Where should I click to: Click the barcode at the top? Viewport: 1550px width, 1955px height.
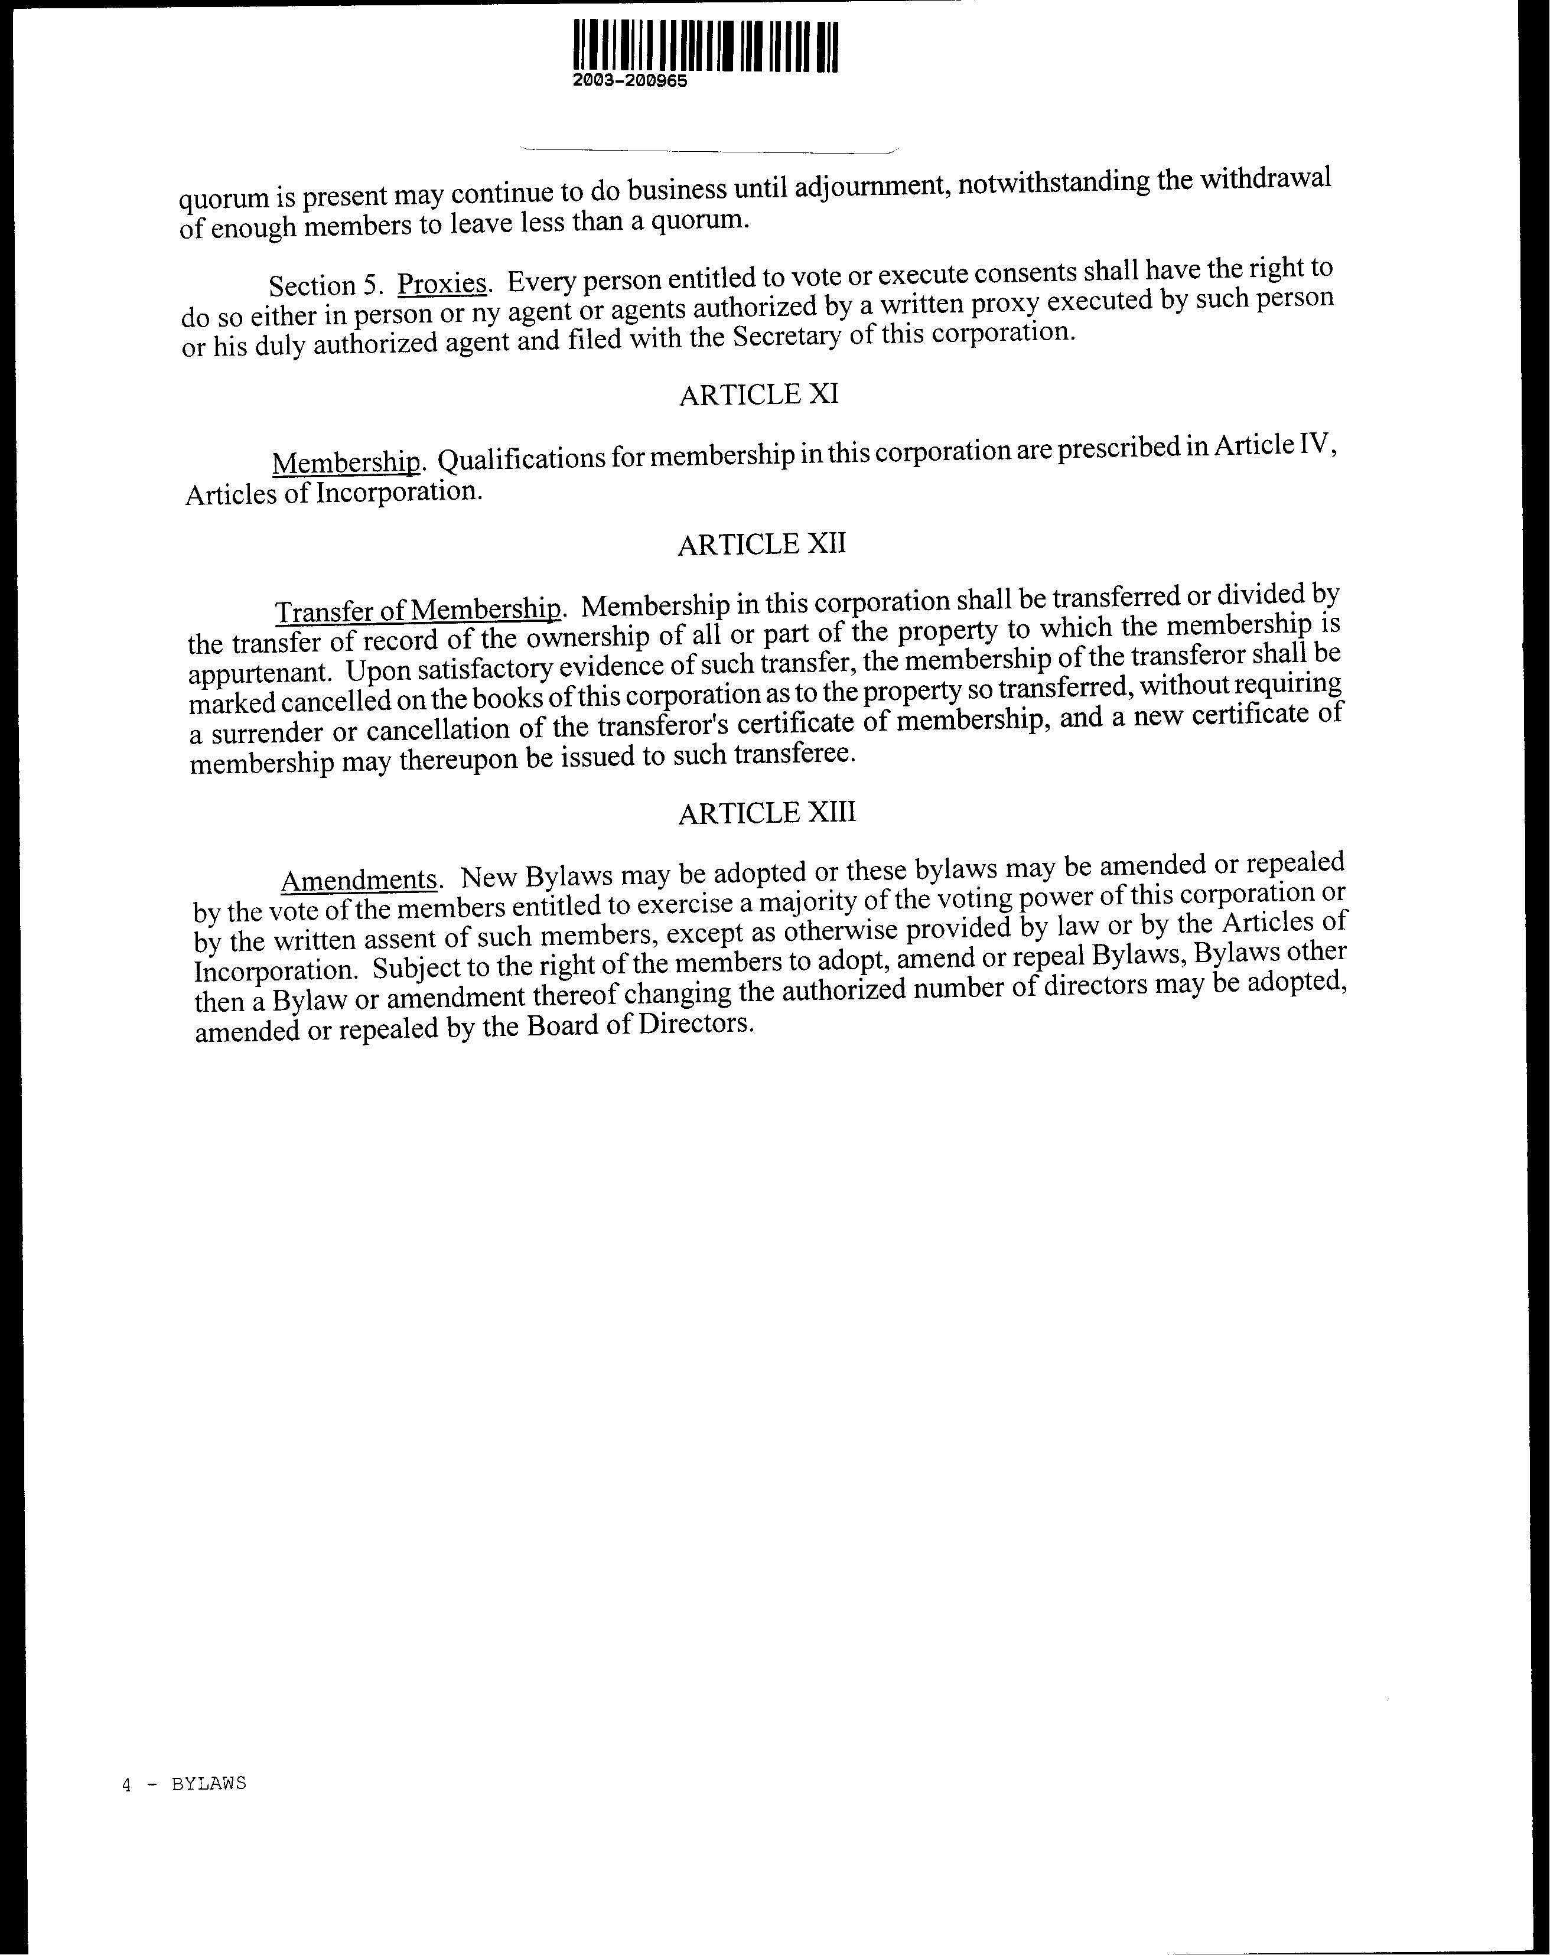coord(706,45)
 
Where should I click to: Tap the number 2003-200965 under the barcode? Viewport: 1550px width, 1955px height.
coord(630,81)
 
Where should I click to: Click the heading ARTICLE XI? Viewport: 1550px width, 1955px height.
coord(758,395)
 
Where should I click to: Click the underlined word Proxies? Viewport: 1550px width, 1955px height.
coord(442,284)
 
